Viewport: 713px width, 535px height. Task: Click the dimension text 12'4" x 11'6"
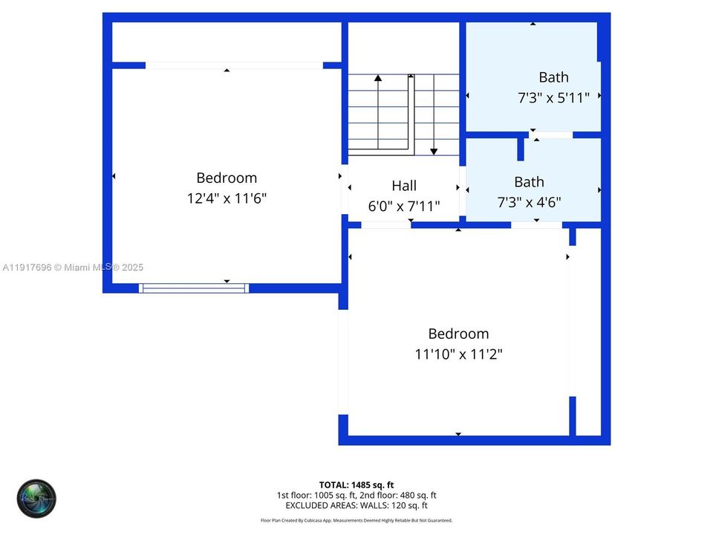point(227,199)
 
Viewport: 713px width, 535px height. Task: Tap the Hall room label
point(404,186)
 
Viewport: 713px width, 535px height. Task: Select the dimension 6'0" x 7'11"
point(404,206)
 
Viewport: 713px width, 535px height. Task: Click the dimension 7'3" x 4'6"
point(528,201)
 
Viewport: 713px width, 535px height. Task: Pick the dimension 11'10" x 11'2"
point(458,354)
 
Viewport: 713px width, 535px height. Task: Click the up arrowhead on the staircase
point(378,77)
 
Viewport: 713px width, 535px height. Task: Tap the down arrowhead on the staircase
point(434,152)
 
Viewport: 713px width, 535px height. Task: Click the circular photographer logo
point(37,499)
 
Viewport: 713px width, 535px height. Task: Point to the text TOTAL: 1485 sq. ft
point(356,484)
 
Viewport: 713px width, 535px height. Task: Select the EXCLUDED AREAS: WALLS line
point(356,505)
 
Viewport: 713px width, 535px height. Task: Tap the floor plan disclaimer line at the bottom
point(356,521)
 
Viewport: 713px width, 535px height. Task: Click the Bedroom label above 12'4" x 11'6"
point(227,178)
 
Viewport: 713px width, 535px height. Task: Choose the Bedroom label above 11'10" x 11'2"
point(458,334)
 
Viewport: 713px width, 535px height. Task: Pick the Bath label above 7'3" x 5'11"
point(553,77)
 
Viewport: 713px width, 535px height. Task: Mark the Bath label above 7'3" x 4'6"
point(529,181)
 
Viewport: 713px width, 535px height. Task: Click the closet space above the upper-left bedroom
point(227,42)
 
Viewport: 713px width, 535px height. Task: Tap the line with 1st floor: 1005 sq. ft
point(356,495)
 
